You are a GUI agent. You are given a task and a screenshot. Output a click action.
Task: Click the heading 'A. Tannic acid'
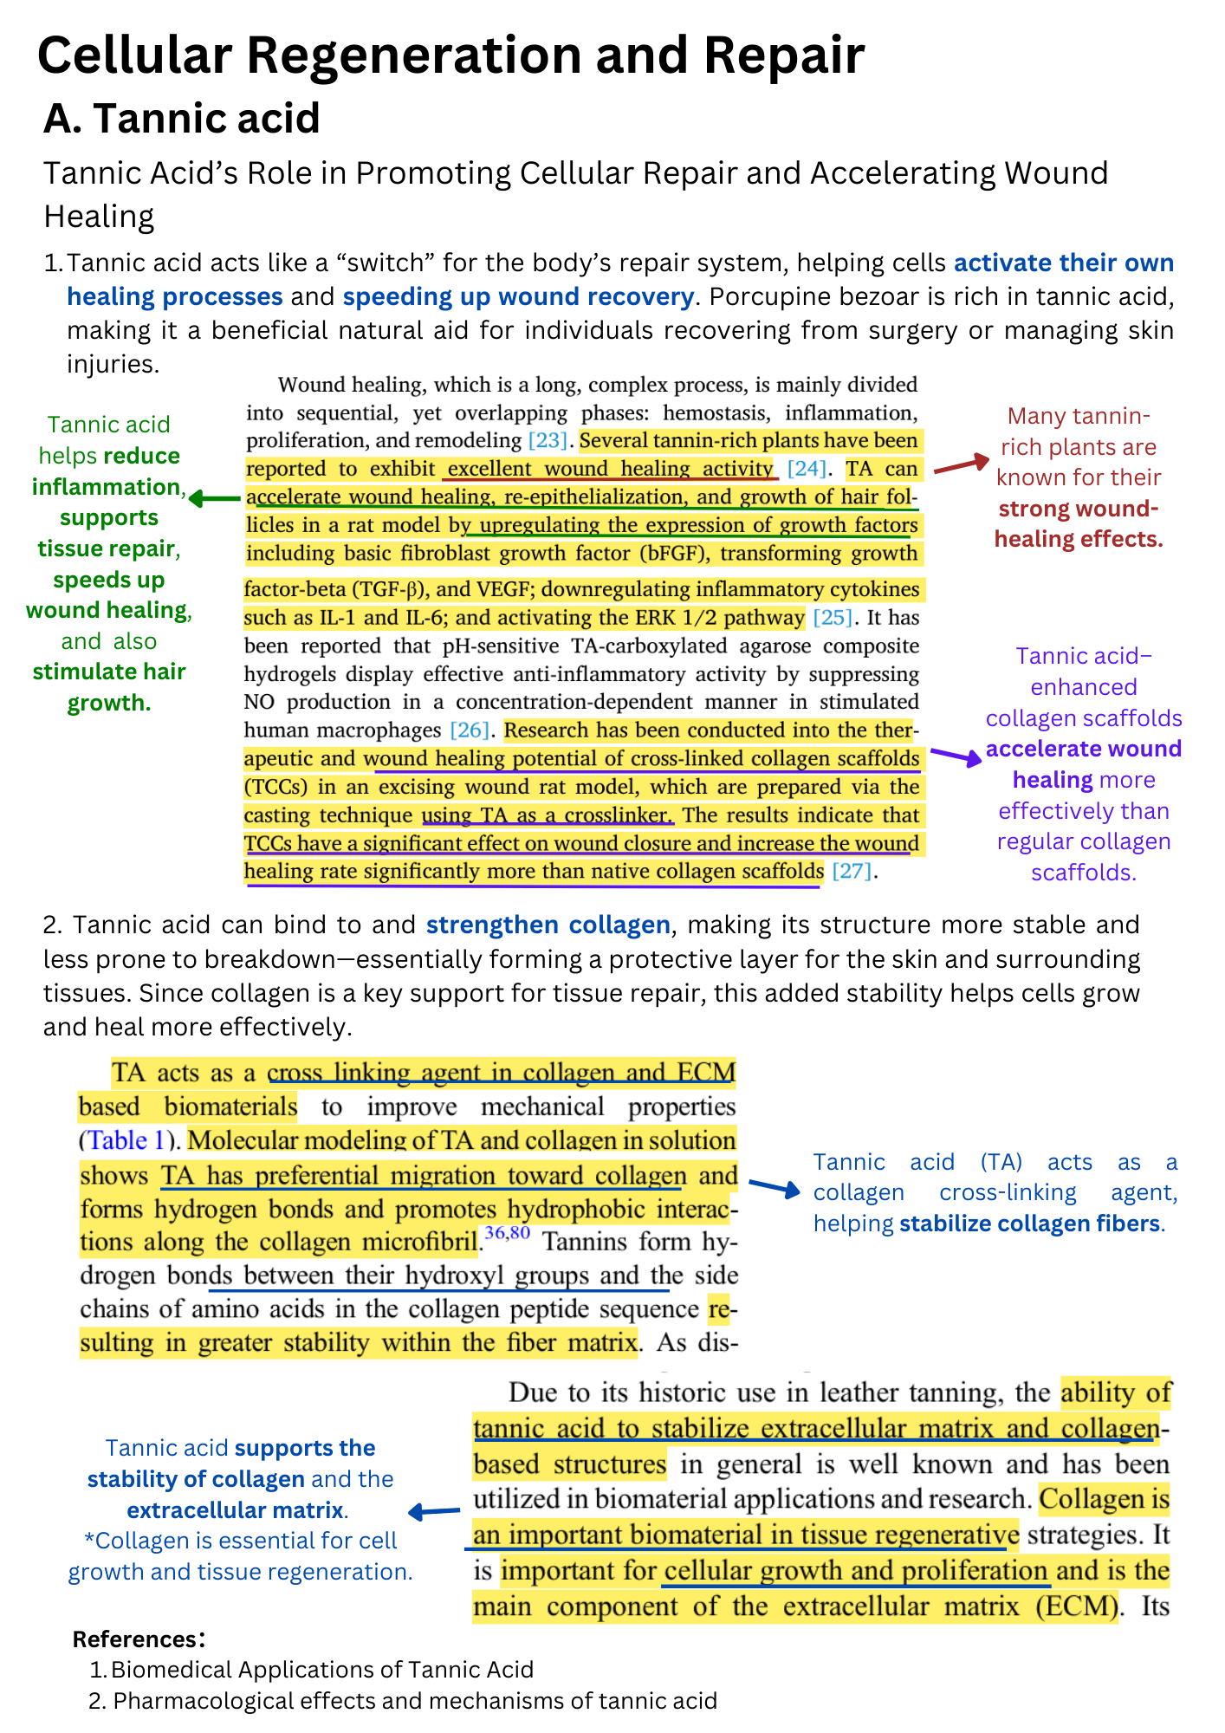182,119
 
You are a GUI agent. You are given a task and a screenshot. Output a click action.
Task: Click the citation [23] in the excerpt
548,440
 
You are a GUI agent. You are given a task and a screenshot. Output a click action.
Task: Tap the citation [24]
807,469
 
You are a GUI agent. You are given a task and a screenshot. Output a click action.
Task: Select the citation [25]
833,618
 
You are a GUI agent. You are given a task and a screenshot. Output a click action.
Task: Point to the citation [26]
469,730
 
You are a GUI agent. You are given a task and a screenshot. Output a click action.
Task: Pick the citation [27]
851,871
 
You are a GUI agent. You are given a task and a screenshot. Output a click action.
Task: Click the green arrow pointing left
214,498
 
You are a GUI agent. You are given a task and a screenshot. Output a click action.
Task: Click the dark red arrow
961,464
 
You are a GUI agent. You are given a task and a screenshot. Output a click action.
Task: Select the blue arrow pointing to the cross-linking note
775,1187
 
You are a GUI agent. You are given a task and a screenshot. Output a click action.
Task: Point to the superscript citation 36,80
507,1233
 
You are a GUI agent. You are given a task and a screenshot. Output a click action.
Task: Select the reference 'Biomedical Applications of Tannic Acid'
321,1669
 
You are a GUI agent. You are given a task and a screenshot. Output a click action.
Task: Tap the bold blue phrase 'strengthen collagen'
548,925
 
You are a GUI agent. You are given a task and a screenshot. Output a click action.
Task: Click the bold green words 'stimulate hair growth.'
109,687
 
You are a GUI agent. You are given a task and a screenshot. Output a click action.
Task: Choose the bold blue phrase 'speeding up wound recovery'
518,296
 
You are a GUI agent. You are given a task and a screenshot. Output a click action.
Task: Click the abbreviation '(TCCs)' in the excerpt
275,787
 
